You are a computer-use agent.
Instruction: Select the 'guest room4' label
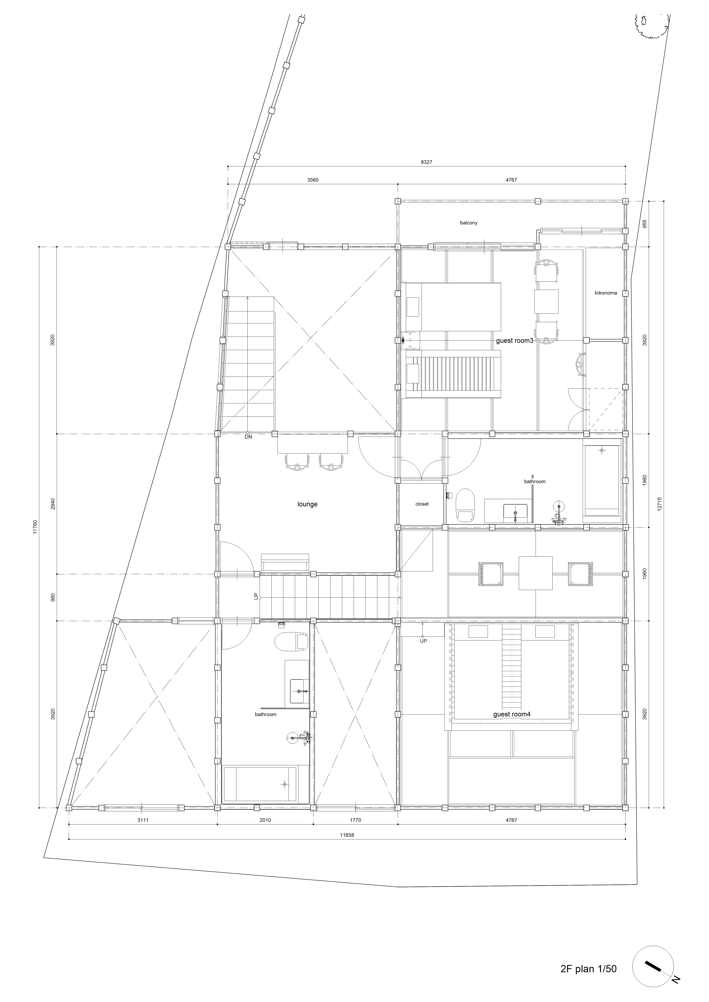tap(512, 714)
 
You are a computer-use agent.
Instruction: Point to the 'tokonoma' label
tap(606, 293)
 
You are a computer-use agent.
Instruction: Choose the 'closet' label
tap(422, 504)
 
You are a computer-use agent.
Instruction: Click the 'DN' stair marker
tap(248, 437)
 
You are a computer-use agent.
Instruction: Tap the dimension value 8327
tap(426, 162)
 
